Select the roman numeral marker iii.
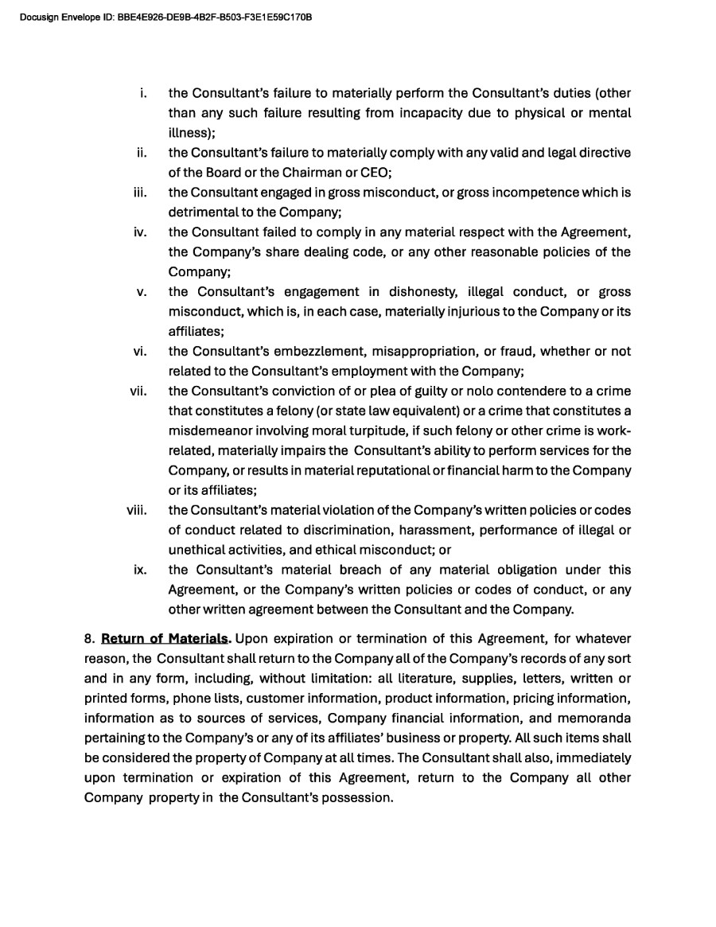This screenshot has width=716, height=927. pyautogui.click(x=141, y=193)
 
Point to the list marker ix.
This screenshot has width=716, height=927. pyautogui.click(x=141, y=571)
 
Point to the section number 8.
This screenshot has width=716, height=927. pyautogui.click(x=89, y=639)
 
